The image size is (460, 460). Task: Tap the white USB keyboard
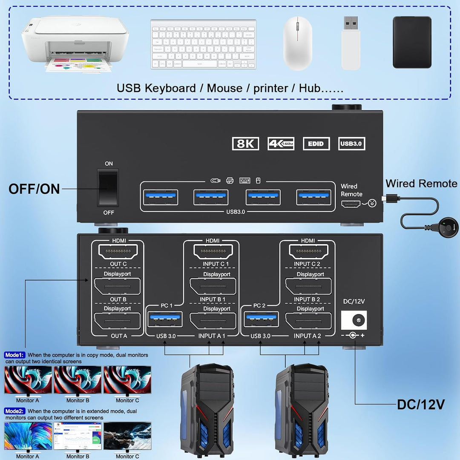(x=203, y=44)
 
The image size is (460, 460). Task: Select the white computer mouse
(x=298, y=43)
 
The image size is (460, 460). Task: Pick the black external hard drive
(x=412, y=42)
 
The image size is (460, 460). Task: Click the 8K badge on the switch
(x=246, y=144)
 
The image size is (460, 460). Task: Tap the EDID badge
(x=316, y=144)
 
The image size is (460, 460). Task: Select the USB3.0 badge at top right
(x=351, y=144)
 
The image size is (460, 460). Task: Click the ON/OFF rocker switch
(x=108, y=187)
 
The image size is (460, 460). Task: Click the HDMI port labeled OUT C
(x=118, y=252)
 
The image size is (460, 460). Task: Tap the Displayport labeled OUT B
(x=118, y=286)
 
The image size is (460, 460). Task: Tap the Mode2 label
(x=15, y=411)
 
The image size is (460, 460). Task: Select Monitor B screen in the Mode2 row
(x=78, y=435)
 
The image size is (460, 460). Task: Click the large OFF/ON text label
(x=34, y=189)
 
